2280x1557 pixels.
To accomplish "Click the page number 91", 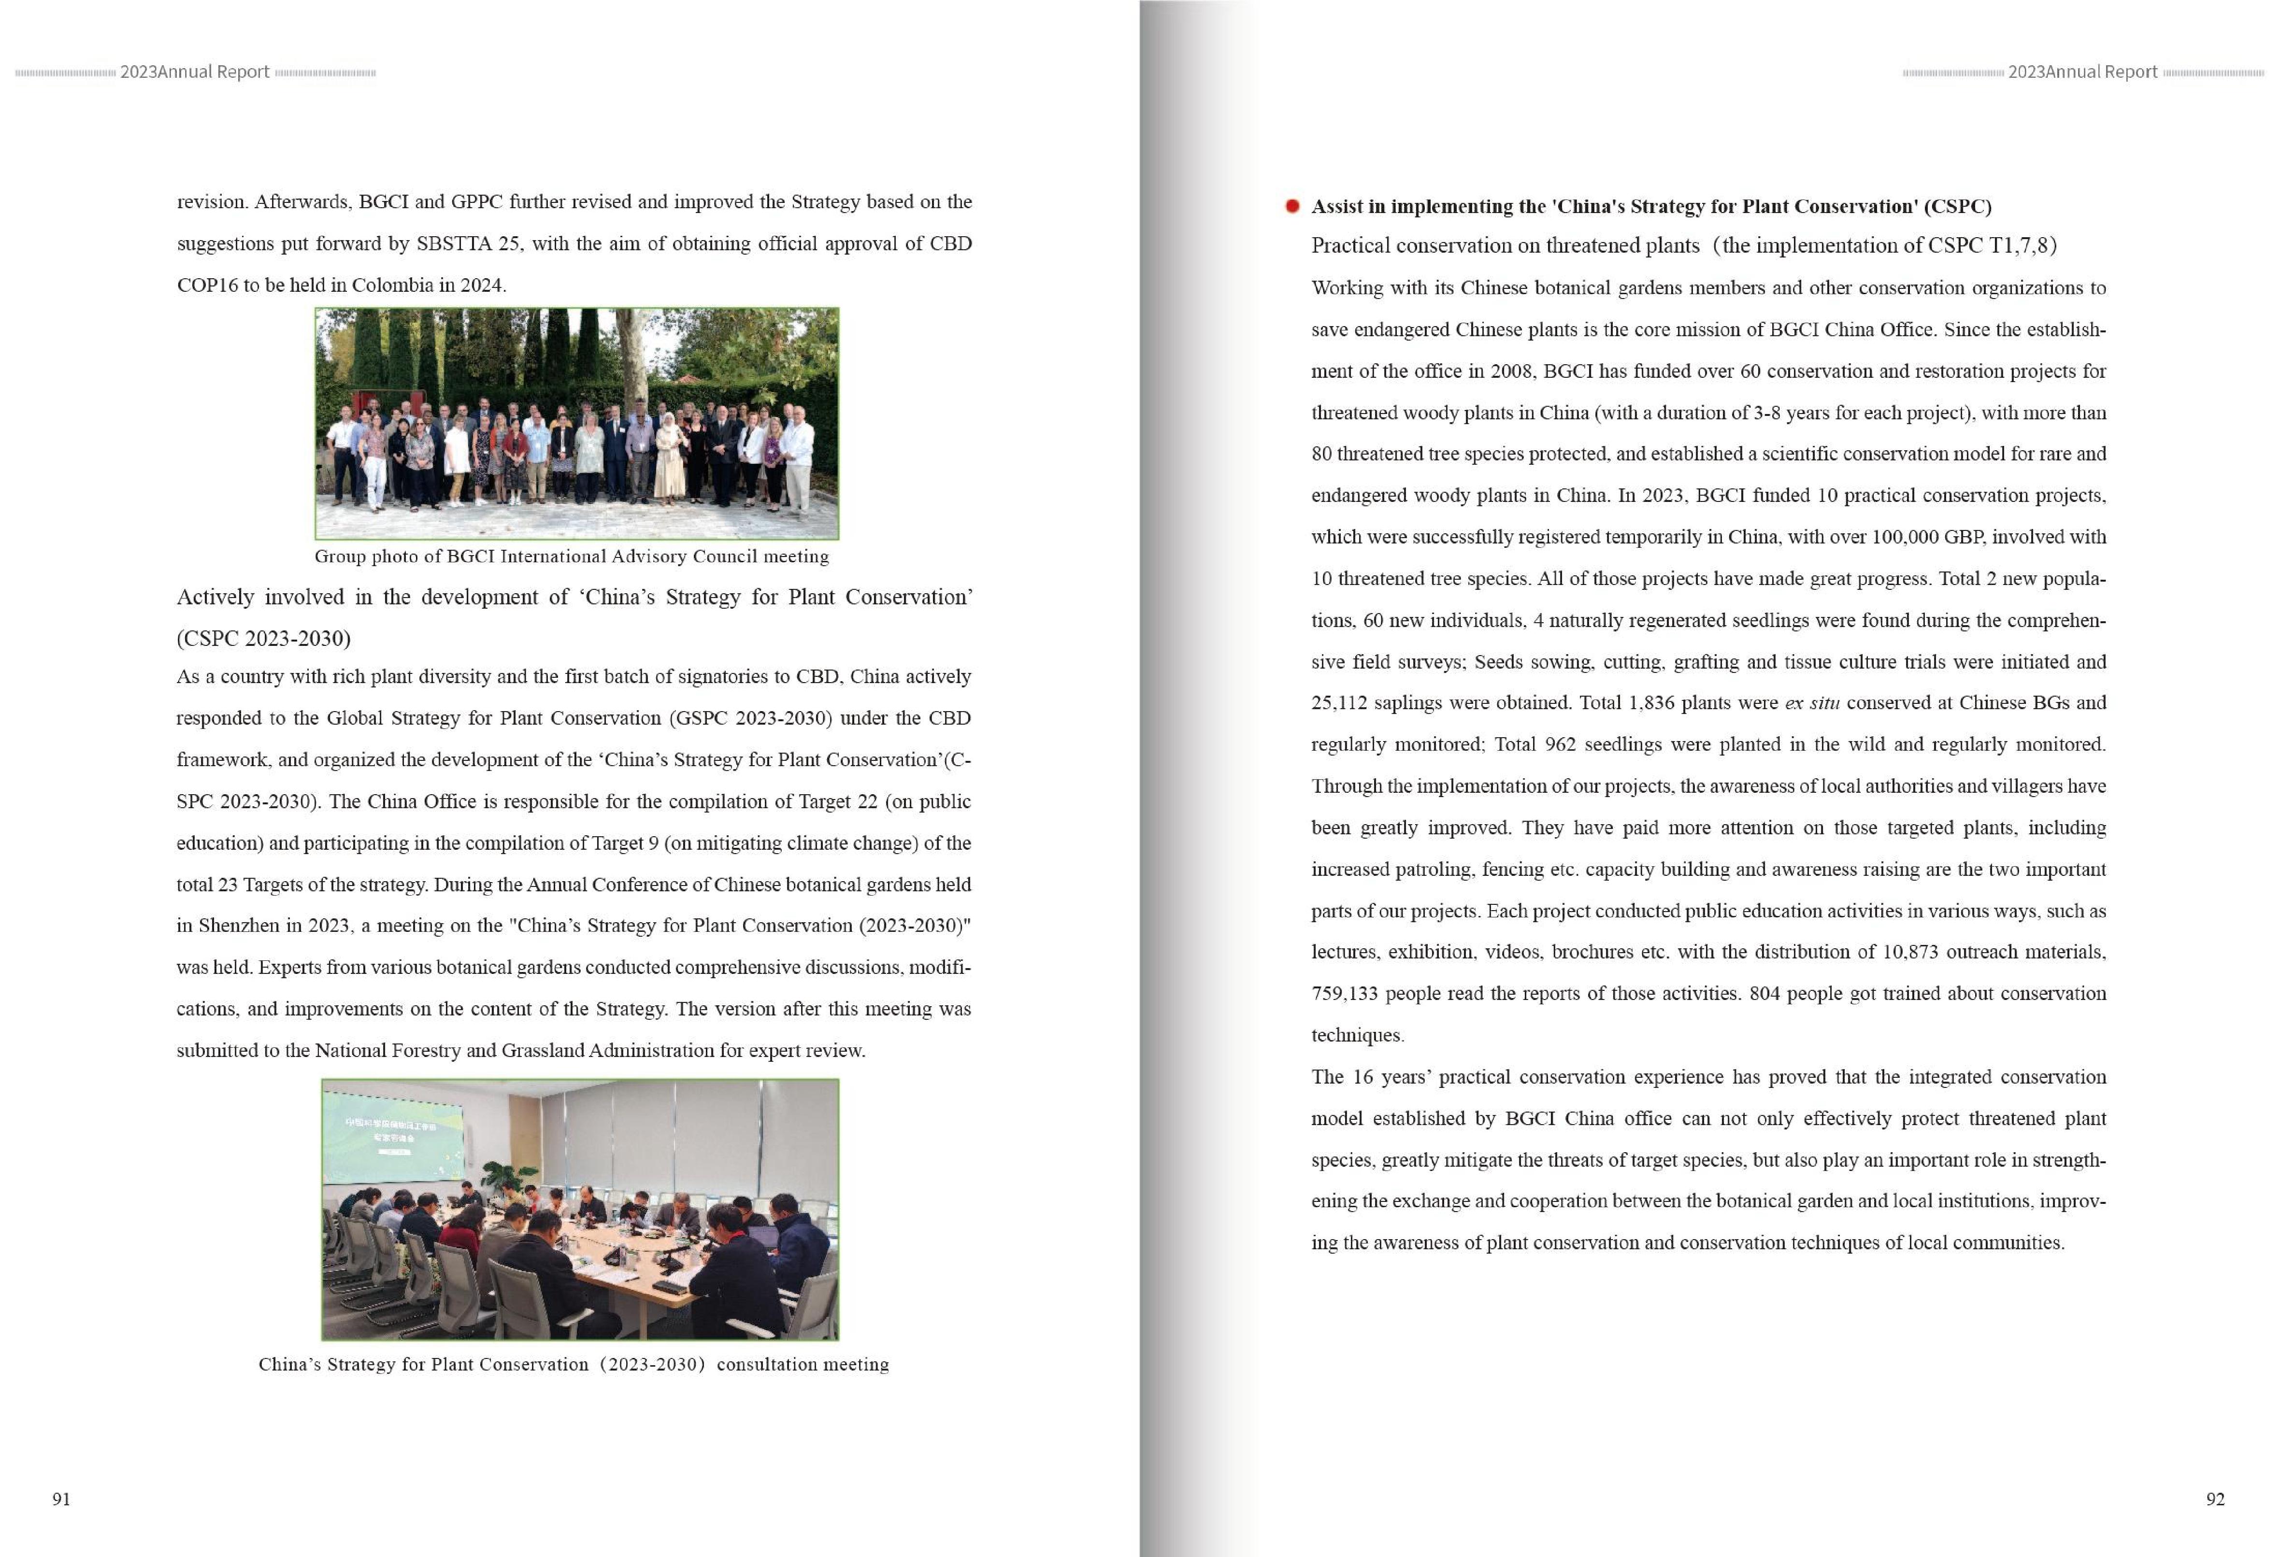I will point(61,1498).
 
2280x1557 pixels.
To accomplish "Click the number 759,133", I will point(1344,993).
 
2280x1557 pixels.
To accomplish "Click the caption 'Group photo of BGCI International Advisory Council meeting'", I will point(571,557).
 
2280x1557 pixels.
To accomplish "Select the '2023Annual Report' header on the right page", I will point(2082,71).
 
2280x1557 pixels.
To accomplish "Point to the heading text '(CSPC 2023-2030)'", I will point(263,639).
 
